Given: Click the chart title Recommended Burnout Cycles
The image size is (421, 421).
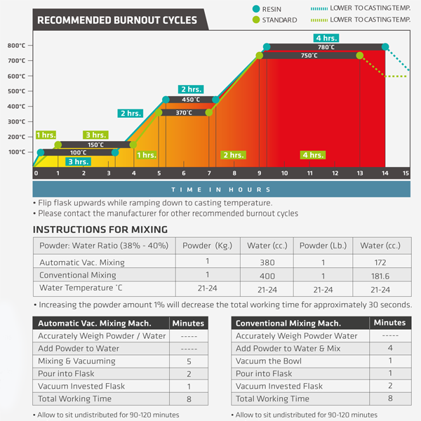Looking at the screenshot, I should [x=117, y=20].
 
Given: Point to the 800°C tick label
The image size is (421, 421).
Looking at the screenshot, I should [x=17, y=46].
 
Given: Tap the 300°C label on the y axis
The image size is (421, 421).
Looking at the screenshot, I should [x=17, y=122].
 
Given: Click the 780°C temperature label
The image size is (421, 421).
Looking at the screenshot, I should [x=326, y=47].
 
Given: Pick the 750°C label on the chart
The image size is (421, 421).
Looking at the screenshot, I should [x=309, y=55].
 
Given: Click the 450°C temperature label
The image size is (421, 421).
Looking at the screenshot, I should [x=191, y=100].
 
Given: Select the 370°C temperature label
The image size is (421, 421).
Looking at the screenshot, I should [x=184, y=112].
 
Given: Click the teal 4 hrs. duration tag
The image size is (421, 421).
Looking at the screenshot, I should [x=327, y=38].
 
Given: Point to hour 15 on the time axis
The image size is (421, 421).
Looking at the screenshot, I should [x=405, y=173].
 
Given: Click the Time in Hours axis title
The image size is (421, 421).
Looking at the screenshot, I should [x=221, y=189].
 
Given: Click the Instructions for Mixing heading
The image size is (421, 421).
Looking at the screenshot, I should [x=100, y=229].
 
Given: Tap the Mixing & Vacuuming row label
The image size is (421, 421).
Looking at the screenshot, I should [x=78, y=362].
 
